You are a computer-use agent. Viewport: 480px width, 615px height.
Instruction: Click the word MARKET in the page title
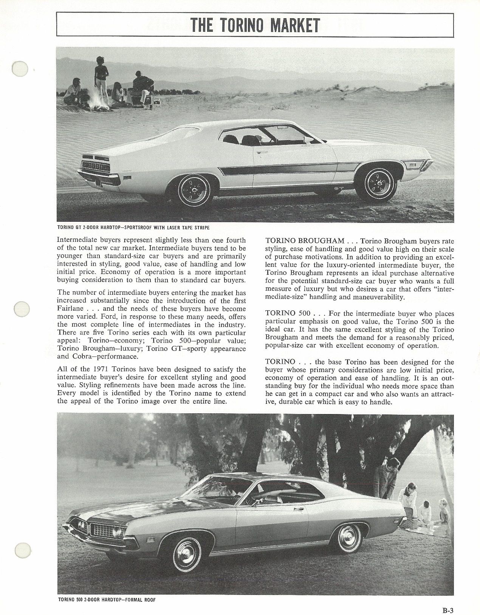click(x=292, y=25)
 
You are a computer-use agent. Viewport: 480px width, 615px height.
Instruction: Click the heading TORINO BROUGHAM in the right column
click(x=305, y=241)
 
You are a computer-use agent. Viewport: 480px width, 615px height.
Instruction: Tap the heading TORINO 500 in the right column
click(x=290, y=313)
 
